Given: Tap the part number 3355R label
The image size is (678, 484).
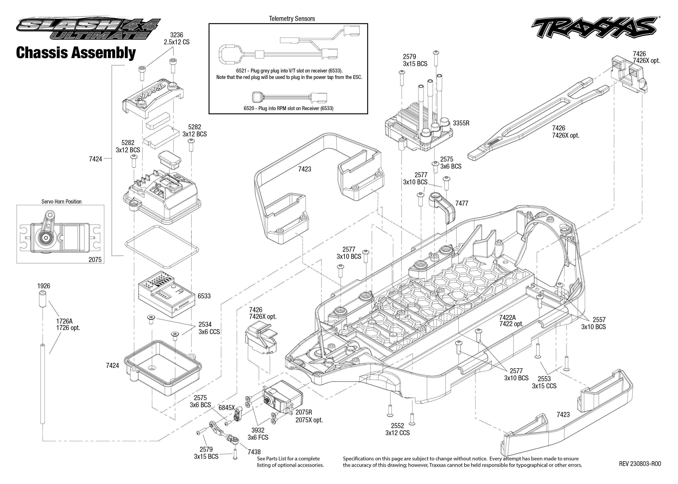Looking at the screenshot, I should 461,123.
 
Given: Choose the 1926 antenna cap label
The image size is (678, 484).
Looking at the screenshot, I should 43,286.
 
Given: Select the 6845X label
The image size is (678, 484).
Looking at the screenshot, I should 227,408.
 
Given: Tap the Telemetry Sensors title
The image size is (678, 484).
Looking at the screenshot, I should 292,19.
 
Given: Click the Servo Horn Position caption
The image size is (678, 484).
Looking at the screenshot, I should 61,202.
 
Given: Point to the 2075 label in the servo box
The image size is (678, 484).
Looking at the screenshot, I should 95,260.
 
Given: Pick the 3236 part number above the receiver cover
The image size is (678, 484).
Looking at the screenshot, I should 176,35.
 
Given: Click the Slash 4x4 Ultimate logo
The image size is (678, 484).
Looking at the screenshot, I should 88,29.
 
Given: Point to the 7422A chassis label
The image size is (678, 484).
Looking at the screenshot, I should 508,318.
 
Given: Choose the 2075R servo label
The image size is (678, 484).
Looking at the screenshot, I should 304,412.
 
